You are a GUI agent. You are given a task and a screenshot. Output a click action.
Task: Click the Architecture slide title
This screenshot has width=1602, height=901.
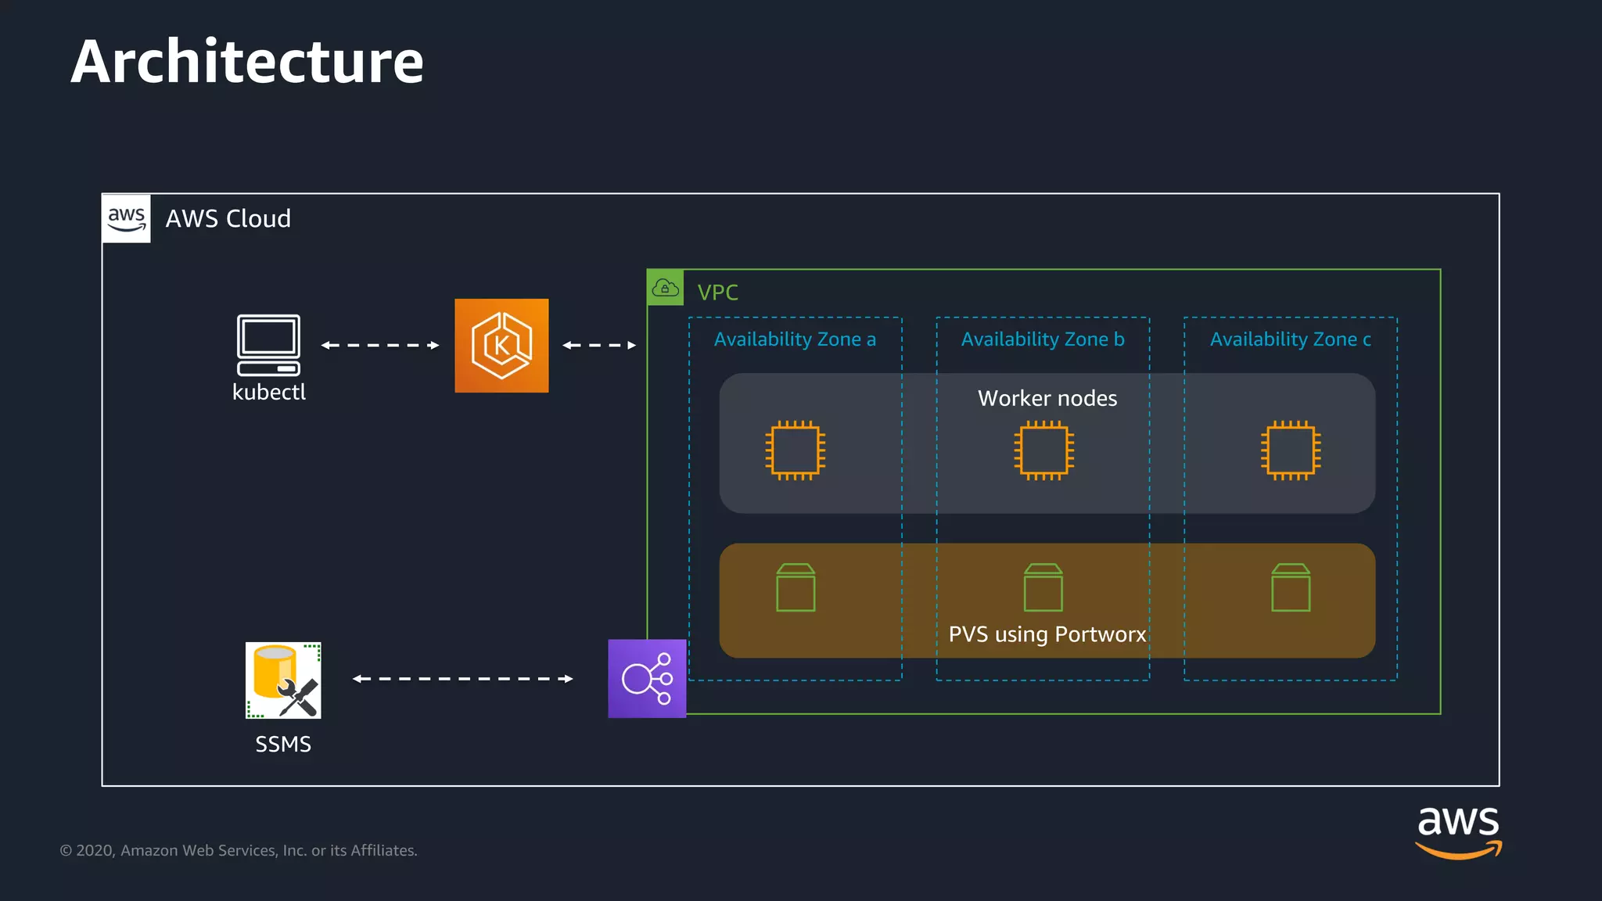click(246, 62)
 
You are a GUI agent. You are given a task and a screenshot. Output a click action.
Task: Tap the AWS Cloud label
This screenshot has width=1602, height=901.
click(228, 218)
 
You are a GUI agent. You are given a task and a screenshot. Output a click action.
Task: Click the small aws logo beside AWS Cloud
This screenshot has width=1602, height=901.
click(126, 218)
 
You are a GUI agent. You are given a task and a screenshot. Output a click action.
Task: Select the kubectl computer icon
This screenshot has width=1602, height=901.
click(268, 345)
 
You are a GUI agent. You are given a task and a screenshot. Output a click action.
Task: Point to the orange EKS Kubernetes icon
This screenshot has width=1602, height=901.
click(501, 345)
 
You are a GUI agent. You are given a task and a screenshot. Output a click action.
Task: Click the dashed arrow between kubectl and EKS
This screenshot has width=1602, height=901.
click(380, 345)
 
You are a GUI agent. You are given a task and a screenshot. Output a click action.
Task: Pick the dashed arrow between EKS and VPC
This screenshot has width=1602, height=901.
click(599, 345)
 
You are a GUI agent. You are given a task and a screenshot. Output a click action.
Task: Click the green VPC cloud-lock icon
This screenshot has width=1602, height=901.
click(665, 288)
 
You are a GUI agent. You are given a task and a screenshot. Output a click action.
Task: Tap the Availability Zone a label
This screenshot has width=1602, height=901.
click(795, 339)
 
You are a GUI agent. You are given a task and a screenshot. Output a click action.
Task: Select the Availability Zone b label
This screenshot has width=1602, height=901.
click(1043, 339)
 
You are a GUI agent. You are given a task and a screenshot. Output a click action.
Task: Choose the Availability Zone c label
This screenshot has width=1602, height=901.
click(1290, 339)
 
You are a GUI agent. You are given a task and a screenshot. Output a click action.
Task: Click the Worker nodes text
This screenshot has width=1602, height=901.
click(1047, 398)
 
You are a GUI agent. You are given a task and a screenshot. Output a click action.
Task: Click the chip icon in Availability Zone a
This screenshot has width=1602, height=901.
click(795, 450)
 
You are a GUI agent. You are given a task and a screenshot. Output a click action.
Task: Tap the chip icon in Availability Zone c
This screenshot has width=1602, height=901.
click(1291, 450)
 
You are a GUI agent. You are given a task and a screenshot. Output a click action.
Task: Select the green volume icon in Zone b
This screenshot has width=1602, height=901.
click(1043, 587)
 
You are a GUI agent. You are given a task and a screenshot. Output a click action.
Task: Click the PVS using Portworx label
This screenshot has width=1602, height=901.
click(1047, 634)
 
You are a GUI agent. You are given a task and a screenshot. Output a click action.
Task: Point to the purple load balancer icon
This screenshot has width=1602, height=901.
click(647, 678)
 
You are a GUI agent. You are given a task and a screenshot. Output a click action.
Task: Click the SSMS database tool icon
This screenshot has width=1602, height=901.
click(283, 680)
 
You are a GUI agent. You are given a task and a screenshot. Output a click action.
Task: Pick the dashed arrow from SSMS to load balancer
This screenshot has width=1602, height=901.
click(462, 679)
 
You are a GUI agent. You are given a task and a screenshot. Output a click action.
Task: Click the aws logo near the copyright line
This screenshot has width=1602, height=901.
click(1458, 832)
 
